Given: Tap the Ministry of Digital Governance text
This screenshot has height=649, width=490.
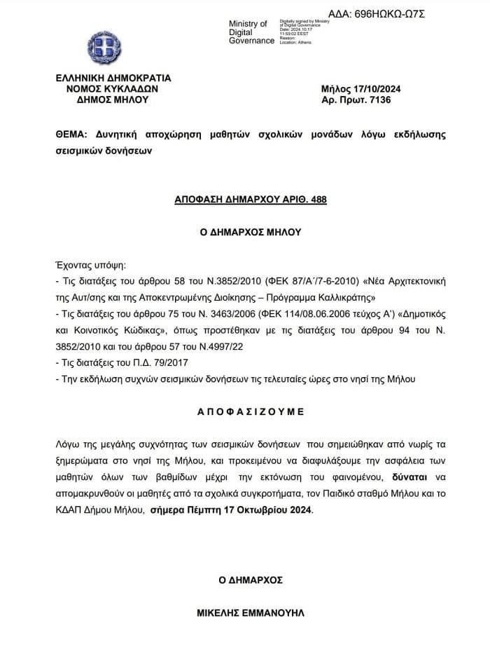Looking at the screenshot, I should tap(251, 32).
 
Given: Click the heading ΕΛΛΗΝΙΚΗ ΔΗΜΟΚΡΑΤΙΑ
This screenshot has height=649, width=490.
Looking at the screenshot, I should tap(113, 78).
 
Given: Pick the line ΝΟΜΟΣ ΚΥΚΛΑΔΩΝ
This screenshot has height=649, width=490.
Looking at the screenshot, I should tap(113, 89).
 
